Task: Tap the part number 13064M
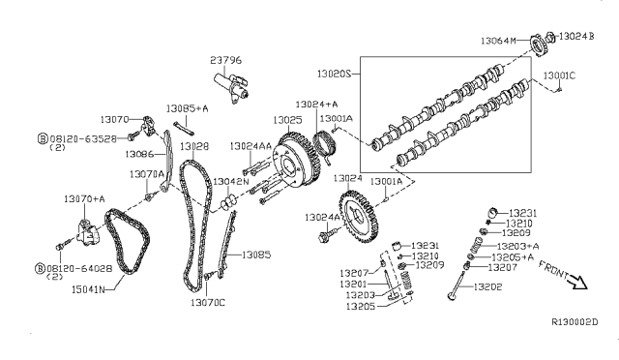(x=500, y=41)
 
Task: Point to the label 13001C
(x=559, y=74)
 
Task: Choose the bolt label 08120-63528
(x=81, y=138)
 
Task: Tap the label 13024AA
(x=250, y=146)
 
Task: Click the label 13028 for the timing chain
(x=193, y=146)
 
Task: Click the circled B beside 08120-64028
(x=40, y=267)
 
